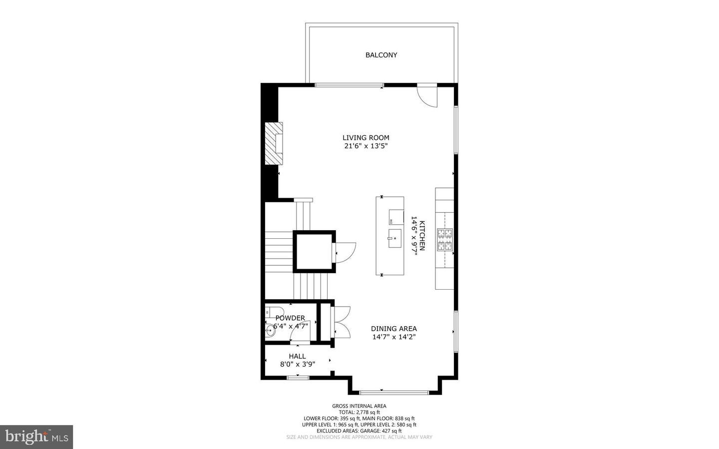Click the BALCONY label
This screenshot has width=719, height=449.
381,55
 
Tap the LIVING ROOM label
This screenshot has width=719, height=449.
365,138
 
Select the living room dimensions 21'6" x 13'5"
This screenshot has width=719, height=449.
365,146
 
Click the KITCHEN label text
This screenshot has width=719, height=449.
422,235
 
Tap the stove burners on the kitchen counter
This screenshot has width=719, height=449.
445,240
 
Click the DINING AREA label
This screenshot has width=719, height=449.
393,329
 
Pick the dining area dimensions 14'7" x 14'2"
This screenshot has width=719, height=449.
393,337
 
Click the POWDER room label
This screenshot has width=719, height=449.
290,318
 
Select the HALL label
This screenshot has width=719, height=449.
297,356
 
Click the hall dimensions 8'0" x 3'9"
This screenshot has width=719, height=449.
297,365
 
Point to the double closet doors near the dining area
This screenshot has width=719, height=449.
342,323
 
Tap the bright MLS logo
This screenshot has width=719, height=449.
36,437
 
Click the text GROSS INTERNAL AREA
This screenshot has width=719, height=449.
359,406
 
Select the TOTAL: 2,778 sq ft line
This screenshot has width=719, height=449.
359,413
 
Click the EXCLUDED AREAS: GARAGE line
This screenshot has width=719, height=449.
359,431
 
